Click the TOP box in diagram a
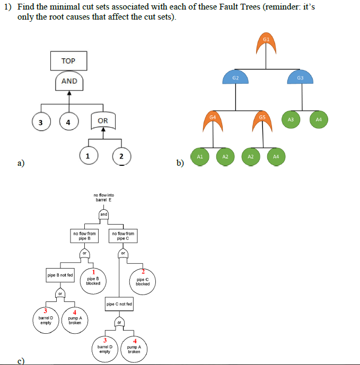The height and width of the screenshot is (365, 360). click(x=68, y=61)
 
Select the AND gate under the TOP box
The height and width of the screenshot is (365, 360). click(x=69, y=81)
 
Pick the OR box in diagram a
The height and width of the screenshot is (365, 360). click(x=103, y=121)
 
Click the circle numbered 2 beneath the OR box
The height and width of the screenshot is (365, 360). click(x=121, y=156)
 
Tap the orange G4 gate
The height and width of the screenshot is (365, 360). click(x=213, y=120)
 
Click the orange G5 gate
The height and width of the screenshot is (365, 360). click(x=262, y=120)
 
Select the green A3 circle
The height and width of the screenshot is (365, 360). click(x=290, y=120)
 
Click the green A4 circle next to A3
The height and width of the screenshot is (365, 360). click(x=319, y=120)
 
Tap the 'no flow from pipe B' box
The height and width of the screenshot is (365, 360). click(x=84, y=235)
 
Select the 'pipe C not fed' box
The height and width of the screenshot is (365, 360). click(x=119, y=305)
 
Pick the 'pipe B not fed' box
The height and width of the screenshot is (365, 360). click(x=60, y=275)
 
